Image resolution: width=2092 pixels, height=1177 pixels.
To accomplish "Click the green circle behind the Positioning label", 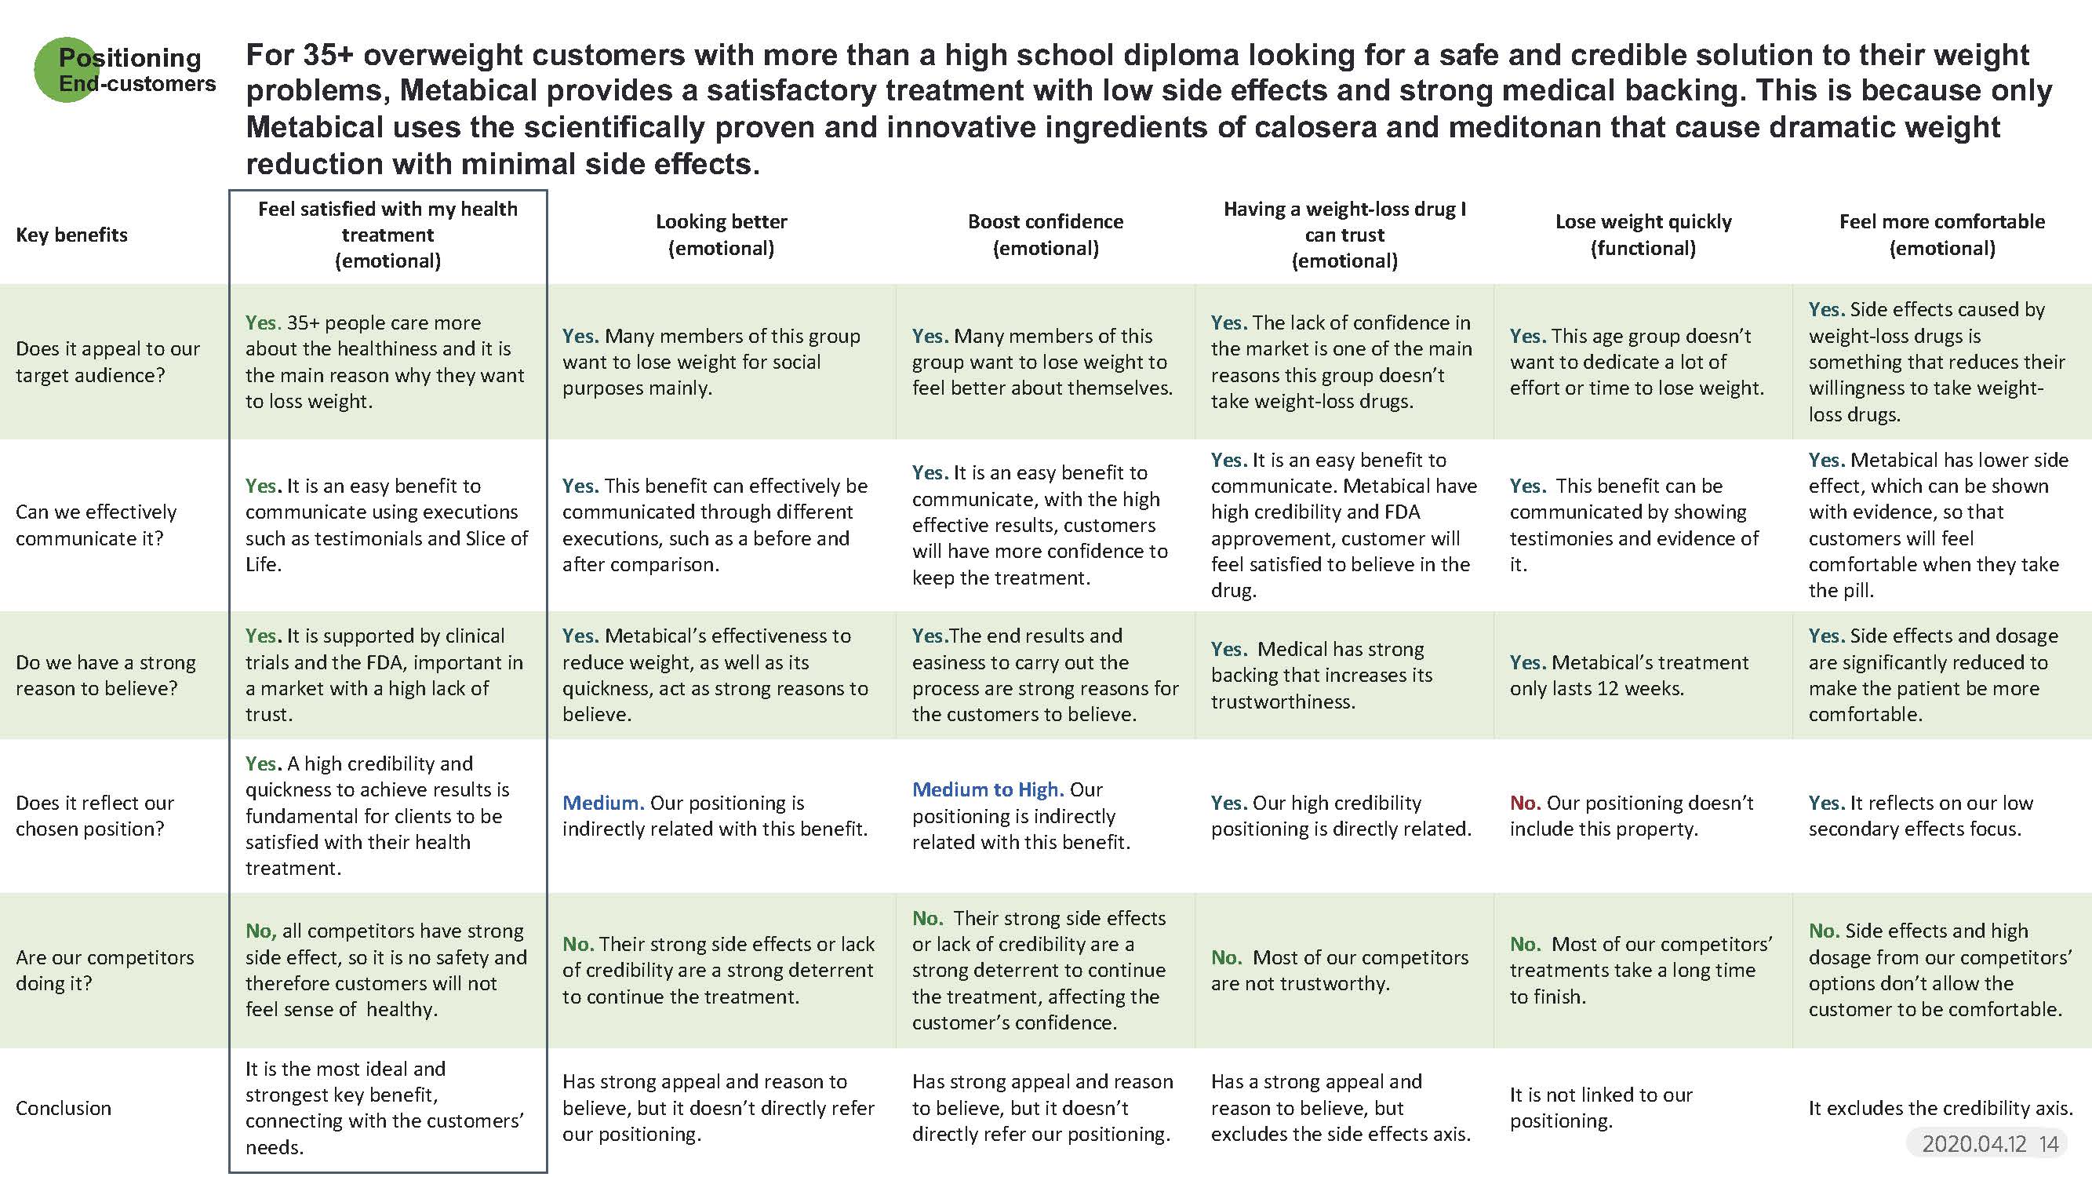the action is (67, 70).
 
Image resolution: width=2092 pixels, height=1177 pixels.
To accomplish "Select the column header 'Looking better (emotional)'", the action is (721, 235).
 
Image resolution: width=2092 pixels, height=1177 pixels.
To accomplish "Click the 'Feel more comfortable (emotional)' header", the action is (1941, 235).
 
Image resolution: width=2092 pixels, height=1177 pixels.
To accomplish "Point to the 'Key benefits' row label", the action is (71, 235).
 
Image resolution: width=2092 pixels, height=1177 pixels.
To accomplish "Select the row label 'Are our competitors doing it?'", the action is (105, 970).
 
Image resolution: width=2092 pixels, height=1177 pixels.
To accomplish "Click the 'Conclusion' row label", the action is (64, 1108).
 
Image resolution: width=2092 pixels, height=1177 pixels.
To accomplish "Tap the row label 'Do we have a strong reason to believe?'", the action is (106, 675).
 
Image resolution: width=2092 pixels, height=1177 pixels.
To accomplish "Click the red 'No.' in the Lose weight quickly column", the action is (1525, 803).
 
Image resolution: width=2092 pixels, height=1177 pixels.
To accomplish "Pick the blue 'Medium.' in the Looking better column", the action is (603, 803).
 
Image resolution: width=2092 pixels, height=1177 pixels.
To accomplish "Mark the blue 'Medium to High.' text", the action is (988, 789).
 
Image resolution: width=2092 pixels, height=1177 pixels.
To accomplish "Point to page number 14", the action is (2049, 1144).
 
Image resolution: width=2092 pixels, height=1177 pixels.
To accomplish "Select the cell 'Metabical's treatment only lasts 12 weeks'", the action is (1628, 675).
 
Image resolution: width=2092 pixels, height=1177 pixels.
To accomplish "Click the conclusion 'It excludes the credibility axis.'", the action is (1940, 1108).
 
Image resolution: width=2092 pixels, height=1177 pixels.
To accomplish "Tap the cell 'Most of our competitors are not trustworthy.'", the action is (1339, 970).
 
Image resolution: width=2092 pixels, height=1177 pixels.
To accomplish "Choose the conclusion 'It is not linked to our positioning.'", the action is (1601, 1108).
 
